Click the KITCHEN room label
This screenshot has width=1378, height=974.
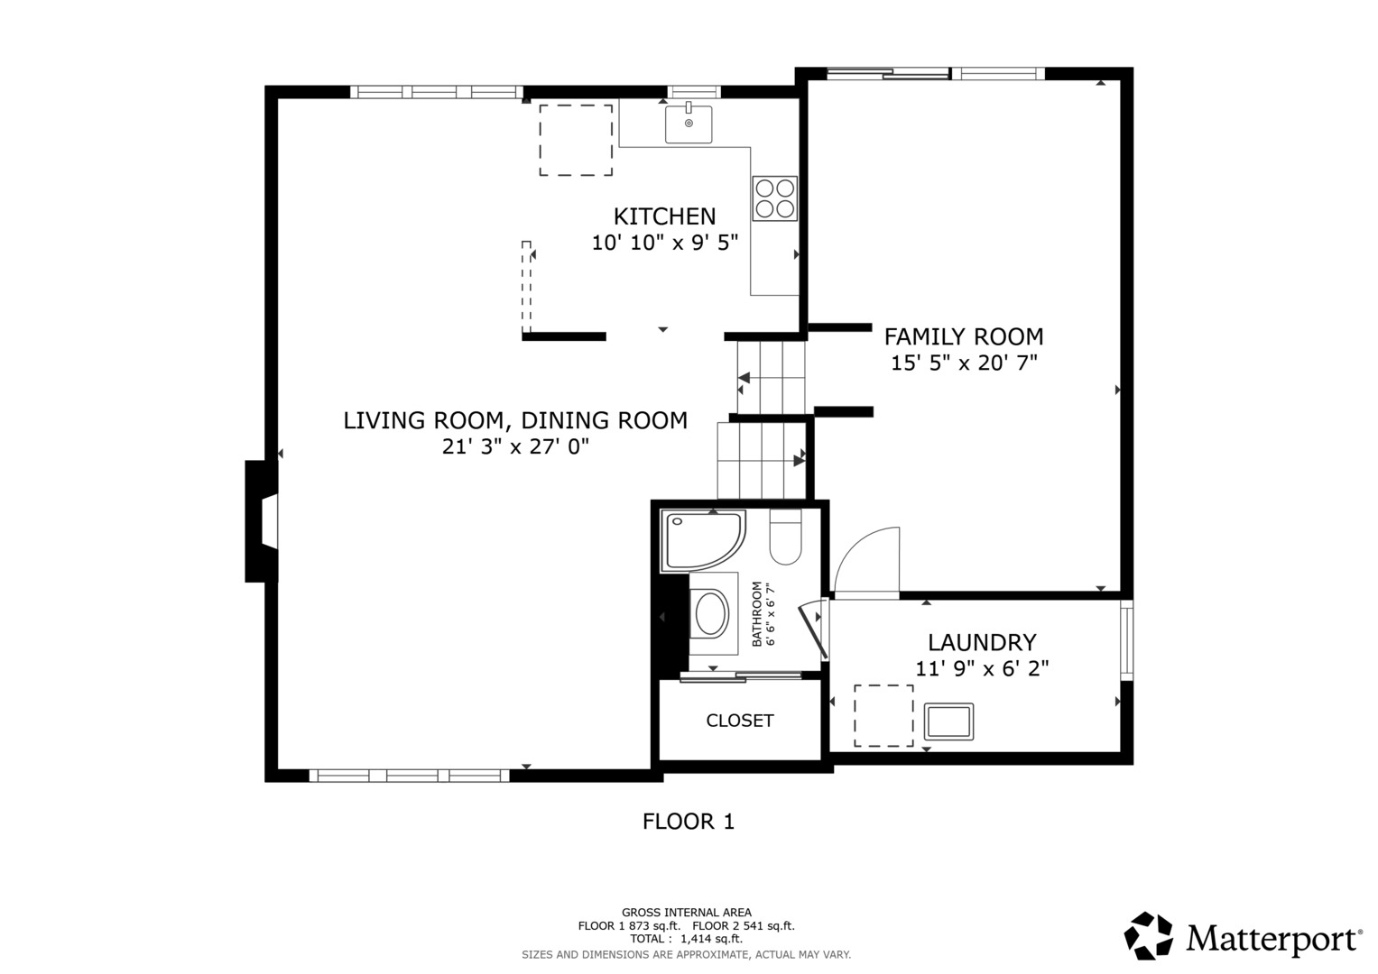pyautogui.click(x=664, y=216)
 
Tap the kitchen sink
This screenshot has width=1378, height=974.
pyautogui.click(x=689, y=124)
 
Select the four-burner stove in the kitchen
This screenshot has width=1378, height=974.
pyautogui.click(x=774, y=198)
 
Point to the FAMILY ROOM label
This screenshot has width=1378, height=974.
pyautogui.click(x=964, y=337)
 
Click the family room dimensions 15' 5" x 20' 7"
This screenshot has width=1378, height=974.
pyautogui.click(x=964, y=363)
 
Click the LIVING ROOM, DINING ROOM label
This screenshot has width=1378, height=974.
pyautogui.click(x=515, y=420)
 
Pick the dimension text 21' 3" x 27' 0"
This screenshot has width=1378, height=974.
pyautogui.click(x=515, y=446)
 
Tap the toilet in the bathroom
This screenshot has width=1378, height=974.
pyautogui.click(x=786, y=537)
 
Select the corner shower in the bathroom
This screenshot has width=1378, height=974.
pyautogui.click(x=702, y=540)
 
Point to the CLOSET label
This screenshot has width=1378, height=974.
pyautogui.click(x=739, y=721)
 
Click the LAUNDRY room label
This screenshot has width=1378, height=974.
pyautogui.click(x=982, y=642)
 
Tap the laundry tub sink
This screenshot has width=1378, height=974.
pyautogui.click(x=948, y=721)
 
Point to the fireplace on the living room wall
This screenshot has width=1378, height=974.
pyautogui.click(x=262, y=521)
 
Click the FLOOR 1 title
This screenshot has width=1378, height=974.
pyautogui.click(x=689, y=822)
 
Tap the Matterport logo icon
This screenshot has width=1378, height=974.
pyautogui.click(x=1148, y=935)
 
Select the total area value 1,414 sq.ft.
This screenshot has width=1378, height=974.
pyautogui.click(x=711, y=939)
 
